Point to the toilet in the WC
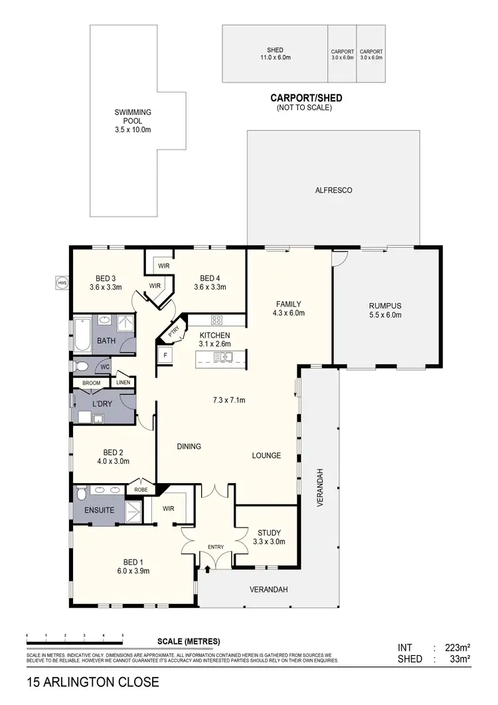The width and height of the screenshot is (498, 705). coord(80,366)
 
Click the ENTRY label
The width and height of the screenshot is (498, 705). coord(216,547)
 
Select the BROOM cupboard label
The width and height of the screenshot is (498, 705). coord(91,383)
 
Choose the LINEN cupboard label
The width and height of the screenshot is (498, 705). coord(124,382)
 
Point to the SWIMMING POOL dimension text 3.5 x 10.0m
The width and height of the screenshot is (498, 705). coord(133,130)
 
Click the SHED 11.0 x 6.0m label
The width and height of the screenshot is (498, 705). coord(275,58)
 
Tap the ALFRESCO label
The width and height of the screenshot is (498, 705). coord(333,190)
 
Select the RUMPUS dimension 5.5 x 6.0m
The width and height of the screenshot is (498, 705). coord(385,315)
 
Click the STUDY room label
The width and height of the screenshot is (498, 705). coord(269,532)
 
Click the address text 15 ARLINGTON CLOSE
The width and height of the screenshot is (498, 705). coord(93,682)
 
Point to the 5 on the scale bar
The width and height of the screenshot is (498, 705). coord(123,636)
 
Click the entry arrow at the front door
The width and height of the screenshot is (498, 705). coord(208,569)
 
